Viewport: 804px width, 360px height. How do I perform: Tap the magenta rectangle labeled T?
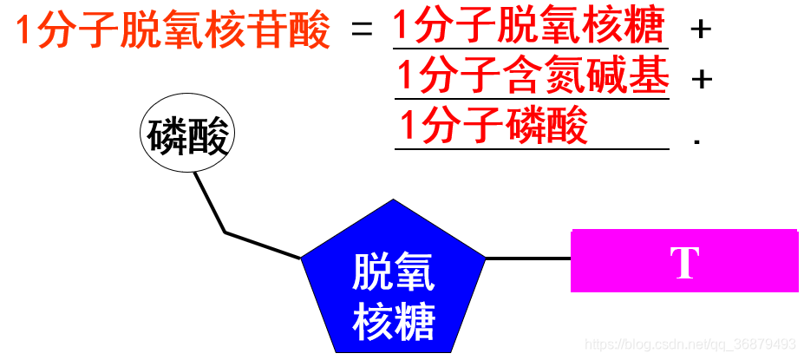(x=684, y=260)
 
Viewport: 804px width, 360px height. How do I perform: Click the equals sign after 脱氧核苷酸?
(x=362, y=31)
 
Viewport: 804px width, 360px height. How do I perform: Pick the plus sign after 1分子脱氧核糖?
(x=700, y=29)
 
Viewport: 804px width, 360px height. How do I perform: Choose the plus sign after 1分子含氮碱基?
(x=700, y=79)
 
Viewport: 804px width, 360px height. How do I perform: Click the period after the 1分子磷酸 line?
(x=696, y=140)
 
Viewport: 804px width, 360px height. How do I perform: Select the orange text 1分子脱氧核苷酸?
(x=173, y=31)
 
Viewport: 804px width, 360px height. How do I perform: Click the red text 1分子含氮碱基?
(x=533, y=78)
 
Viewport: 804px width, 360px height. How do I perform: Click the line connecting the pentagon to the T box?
(x=527, y=259)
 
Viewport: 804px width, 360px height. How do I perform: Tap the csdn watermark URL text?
(x=690, y=344)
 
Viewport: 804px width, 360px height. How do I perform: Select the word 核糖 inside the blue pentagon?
(x=393, y=324)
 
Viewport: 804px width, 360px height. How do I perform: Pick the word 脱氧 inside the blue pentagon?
(x=393, y=275)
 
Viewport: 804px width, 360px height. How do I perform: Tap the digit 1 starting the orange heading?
(x=25, y=32)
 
